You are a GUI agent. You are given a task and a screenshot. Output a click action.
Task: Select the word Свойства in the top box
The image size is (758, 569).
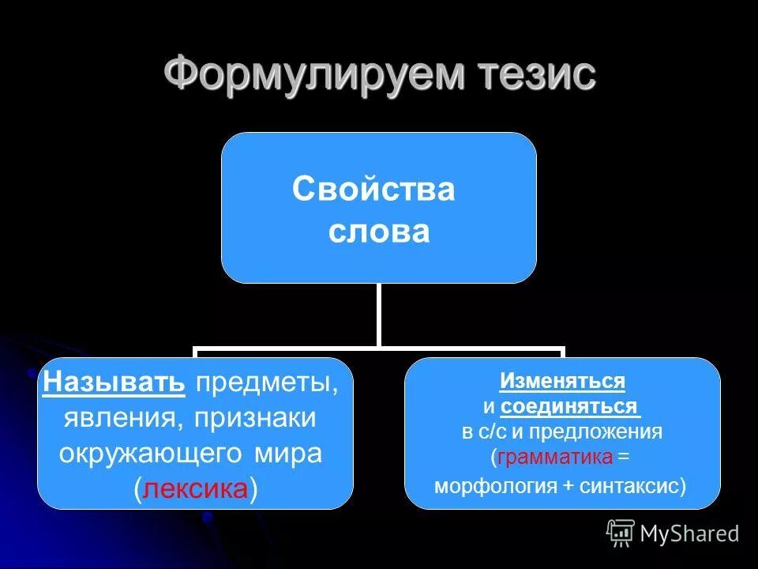point(373,190)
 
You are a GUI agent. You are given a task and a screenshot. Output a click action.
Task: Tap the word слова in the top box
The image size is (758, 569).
point(379,232)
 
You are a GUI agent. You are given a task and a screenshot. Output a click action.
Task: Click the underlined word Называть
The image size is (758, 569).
point(114,383)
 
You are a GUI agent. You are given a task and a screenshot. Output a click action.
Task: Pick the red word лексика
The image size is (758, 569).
point(196,489)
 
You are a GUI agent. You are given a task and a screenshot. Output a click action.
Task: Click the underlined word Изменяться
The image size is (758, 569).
point(562,382)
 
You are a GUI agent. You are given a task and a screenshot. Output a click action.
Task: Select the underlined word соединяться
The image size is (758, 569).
point(568,407)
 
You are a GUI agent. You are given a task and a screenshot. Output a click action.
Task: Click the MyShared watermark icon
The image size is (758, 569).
point(621,533)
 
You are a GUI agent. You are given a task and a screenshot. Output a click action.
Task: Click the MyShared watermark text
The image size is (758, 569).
point(689,533)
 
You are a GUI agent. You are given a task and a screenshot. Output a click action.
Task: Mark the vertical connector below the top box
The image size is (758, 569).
point(379,315)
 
